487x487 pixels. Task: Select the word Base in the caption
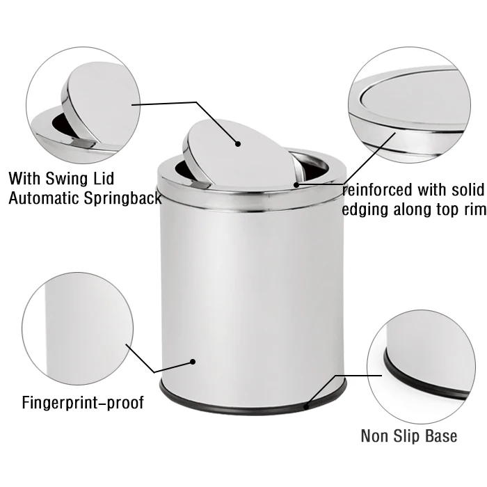click(442, 436)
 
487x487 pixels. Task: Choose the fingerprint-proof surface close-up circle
click(77, 334)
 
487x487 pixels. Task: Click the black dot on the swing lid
click(238, 144)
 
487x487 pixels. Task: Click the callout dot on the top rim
click(296, 185)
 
